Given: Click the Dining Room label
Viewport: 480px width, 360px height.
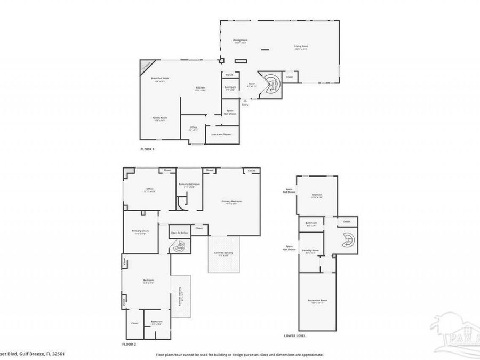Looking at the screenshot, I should click(x=241, y=41).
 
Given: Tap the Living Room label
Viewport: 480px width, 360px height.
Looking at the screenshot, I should click(x=301, y=47).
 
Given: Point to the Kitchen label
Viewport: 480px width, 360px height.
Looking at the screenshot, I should click(x=200, y=88).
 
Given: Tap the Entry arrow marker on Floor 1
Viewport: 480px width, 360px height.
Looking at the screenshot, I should click(x=245, y=100).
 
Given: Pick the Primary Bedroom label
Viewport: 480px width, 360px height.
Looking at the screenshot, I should click(x=231, y=202).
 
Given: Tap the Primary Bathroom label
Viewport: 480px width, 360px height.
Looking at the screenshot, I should click(x=189, y=185).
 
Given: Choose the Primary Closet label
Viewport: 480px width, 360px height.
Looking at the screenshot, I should click(x=140, y=231).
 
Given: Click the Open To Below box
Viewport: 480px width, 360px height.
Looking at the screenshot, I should click(x=179, y=233).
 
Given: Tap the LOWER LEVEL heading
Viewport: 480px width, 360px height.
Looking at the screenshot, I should click(x=295, y=336).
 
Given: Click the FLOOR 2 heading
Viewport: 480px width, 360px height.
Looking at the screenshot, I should click(x=129, y=345).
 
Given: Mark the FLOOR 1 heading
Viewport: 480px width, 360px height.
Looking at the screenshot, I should click(x=147, y=149).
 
